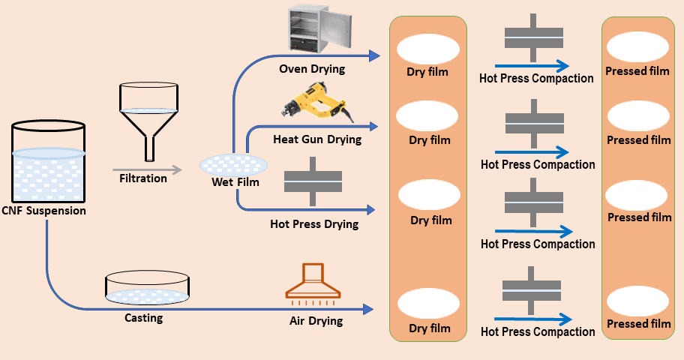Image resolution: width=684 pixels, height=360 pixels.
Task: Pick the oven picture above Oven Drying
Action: (311, 31)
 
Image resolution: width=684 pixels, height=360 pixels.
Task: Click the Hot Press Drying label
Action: (314, 223)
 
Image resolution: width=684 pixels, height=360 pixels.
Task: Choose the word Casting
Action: (143, 318)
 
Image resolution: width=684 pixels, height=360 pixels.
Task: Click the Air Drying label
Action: (316, 321)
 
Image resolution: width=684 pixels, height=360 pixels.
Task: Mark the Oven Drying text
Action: (312, 69)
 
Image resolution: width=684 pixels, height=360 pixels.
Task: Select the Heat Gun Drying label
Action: (317, 139)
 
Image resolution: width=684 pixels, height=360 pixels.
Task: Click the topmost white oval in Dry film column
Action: (427, 49)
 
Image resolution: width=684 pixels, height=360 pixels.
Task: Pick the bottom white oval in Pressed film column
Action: (637, 300)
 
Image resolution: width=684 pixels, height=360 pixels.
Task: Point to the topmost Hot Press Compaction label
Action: (536, 78)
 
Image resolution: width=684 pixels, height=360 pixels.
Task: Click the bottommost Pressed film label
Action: (639, 324)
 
